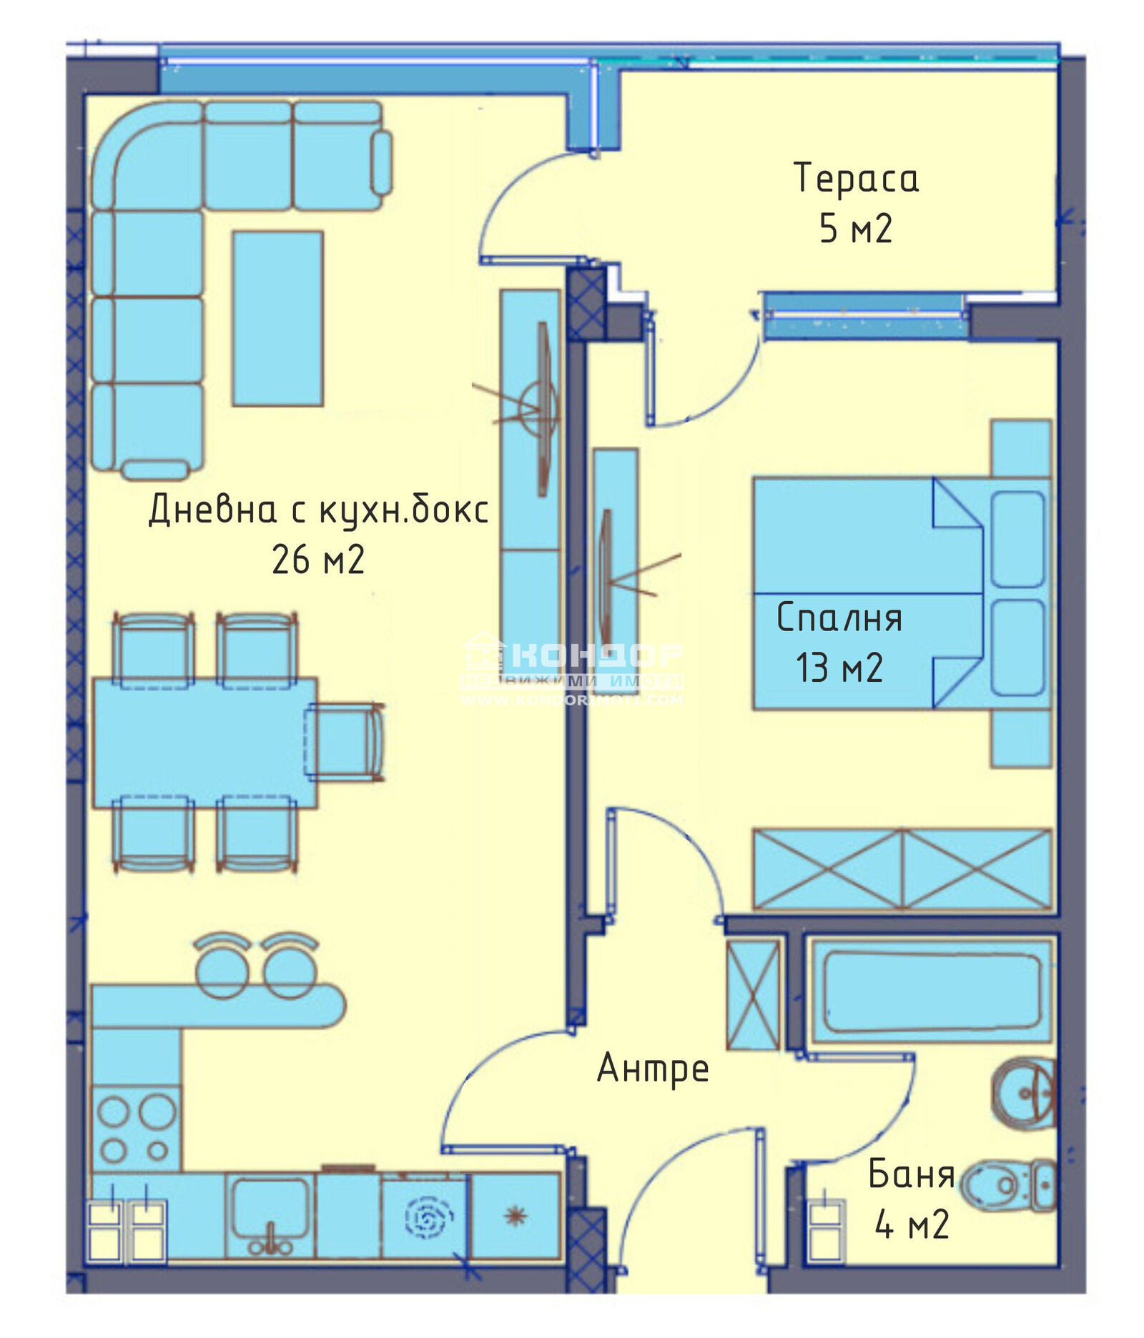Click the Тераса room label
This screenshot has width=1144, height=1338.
pos(856,178)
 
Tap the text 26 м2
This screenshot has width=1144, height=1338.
pos(318,560)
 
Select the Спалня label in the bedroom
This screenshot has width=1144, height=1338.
pos(839,618)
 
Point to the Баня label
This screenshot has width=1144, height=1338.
pos(912,1174)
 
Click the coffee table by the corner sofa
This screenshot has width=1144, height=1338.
pos(277,319)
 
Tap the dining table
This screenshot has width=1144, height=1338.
pos(204,743)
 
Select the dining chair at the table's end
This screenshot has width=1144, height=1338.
pos(345,740)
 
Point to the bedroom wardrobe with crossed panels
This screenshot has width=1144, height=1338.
pos(902,869)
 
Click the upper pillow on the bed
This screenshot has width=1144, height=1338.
pos(1018,540)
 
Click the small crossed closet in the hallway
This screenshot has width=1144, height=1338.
pos(753,994)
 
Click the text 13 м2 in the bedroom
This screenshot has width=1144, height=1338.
pos(839,668)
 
